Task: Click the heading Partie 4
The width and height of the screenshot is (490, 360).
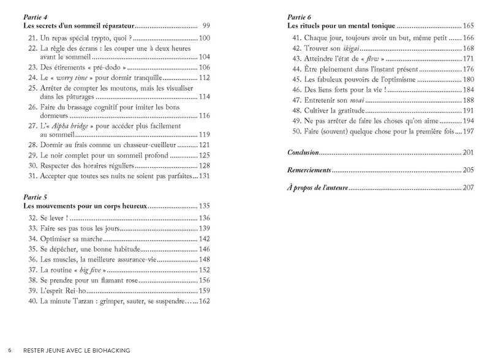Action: (34, 17)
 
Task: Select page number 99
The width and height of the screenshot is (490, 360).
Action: (206, 26)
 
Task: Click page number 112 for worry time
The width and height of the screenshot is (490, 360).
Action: (205, 78)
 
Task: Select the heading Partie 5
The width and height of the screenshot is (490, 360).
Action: (34, 197)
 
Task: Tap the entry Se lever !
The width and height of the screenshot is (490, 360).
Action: (57, 218)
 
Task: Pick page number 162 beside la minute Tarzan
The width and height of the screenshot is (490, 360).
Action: (205, 301)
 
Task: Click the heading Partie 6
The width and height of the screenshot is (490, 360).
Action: (300, 17)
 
